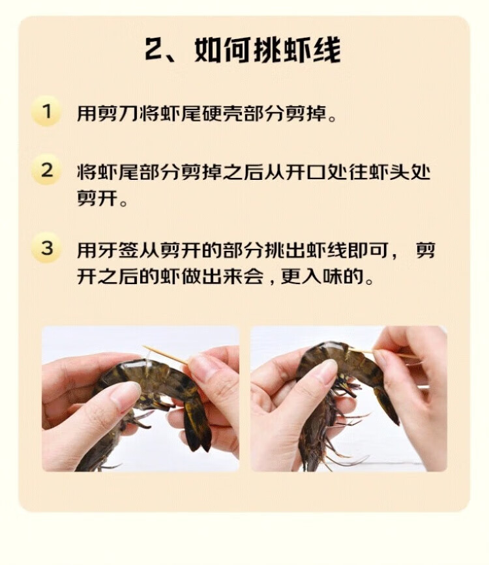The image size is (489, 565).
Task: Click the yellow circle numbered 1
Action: pos(46,111)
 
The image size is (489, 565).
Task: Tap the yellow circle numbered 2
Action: pos(46,170)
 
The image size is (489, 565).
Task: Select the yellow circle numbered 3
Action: pos(46,248)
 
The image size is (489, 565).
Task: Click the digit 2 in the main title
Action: pos(155,50)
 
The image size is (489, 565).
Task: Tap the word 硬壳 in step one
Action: pos(223,113)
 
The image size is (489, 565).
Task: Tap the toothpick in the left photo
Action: pos(165,355)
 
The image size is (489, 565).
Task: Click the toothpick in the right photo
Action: pos(383,353)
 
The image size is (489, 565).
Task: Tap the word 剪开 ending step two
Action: pos(97,198)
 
